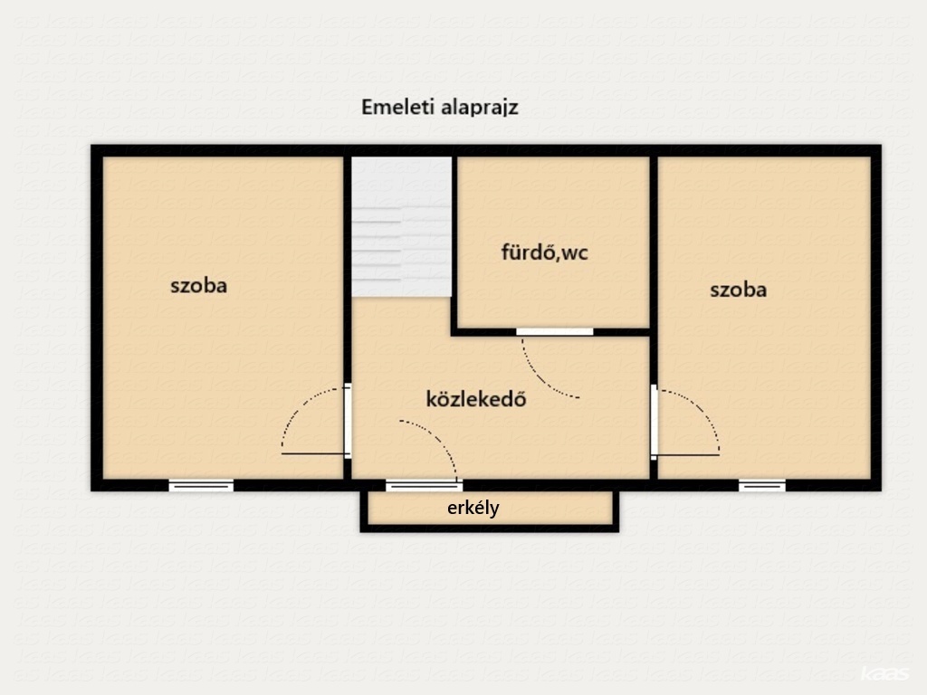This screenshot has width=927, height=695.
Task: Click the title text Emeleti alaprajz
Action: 440,108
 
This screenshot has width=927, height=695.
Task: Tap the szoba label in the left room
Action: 198,286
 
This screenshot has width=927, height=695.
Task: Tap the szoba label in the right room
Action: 739,290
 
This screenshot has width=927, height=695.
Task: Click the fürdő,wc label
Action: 544,252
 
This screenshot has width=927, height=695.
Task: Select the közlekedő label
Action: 476,399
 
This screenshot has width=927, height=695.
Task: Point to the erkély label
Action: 473,508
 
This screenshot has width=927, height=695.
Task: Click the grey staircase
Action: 401,226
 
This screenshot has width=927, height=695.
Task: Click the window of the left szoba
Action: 201,486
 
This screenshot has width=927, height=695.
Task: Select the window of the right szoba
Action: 762,486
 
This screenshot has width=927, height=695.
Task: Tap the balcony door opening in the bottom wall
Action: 424,486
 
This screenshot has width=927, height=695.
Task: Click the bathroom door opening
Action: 555,331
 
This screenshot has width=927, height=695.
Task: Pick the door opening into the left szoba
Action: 348,421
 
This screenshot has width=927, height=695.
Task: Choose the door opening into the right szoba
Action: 654,422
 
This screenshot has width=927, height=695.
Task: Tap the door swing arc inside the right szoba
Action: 702,409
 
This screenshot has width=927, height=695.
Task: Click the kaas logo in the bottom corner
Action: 885,673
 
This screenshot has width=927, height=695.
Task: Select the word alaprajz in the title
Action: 480,109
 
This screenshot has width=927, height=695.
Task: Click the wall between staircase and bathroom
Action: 454,243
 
